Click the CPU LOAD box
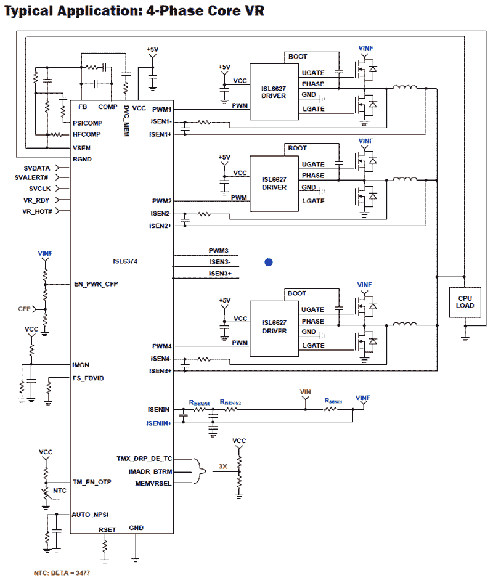(465, 301)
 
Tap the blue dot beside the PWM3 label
(268, 262)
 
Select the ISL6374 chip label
(125, 261)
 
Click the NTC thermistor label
(60, 491)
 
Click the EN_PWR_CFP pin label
(95, 284)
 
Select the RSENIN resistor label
(333, 401)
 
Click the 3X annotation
(223, 467)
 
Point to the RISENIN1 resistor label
(200, 402)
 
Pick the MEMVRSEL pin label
(153, 483)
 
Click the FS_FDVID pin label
(88, 378)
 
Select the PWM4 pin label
(162, 346)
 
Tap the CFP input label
(24, 308)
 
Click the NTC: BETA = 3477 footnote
(62, 573)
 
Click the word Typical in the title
(31, 11)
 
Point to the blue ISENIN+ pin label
(158, 423)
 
